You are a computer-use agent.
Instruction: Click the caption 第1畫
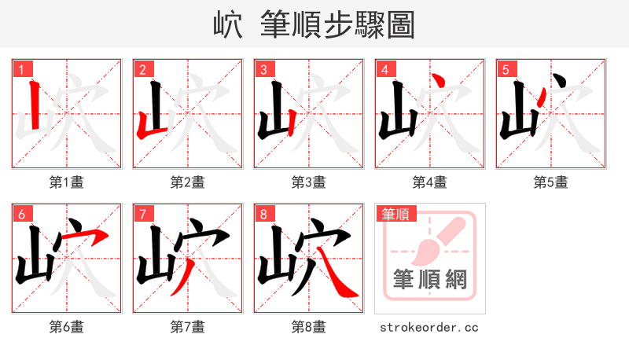[x=67, y=182]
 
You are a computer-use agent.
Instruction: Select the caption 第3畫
[x=309, y=182]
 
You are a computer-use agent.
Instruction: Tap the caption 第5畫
[x=551, y=182]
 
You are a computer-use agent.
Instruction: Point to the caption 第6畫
[x=67, y=327]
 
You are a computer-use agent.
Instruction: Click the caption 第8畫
[x=309, y=327]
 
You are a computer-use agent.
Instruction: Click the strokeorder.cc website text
[x=429, y=327]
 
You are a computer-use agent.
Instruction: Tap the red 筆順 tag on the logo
[x=397, y=214]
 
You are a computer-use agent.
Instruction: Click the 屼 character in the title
[x=228, y=25]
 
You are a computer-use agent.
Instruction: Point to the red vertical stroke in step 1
[x=34, y=106]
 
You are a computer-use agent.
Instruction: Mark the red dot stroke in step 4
[x=442, y=82]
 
